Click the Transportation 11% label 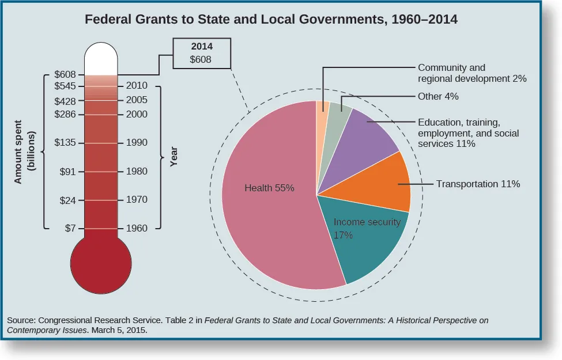[478, 184]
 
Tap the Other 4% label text [438, 97]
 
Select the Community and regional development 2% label [472, 73]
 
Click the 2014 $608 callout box [201, 54]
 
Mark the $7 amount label [70, 228]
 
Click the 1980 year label [137, 172]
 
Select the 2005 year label [137, 100]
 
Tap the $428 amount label [65, 100]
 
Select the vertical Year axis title [173, 156]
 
